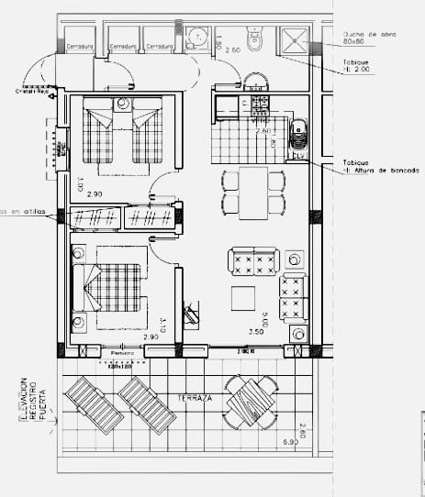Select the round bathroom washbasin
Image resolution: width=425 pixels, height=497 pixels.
pyautogui.click(x=197, y=38)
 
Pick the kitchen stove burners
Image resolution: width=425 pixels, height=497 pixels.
pyautogui.click(x=259, y=104)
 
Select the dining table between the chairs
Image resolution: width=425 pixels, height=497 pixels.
pyautogui.click(x=253, y=193)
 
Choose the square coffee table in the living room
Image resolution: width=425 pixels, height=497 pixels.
pyautogui.click(x=244, y=300)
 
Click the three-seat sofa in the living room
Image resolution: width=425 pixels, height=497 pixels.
pyautogui.click(x=294, y=296)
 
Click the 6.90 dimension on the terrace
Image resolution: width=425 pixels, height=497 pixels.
pyautogui.click(x=291, y=443)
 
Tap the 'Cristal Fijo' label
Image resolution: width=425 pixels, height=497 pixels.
pyautogui.click(x=30, y=91)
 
